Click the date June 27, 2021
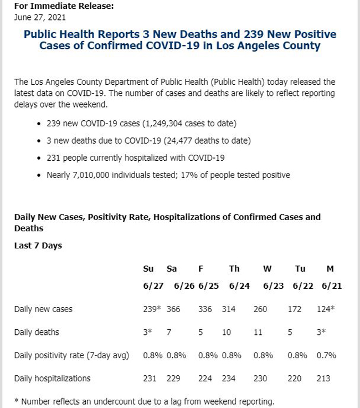tap(40, 17)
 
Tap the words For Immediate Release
tap(64, 6)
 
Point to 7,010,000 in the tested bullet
tap(91, 175)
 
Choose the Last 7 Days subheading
tap(38, 246)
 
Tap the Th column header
tap(234, 268)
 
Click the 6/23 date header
tap(274, 285)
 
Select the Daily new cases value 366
tap(173, 309)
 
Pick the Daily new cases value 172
tap(295, 309)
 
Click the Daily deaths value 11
tap(258, 332)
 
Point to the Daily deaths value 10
tap(227, 332)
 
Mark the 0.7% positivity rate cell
tap(326, 355)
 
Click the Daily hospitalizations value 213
tap(323, 378)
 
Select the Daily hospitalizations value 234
tap(229, 378)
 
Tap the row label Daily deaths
tap(37, 332)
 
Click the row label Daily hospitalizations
tap(52, 378)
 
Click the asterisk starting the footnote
tap(17, 400)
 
